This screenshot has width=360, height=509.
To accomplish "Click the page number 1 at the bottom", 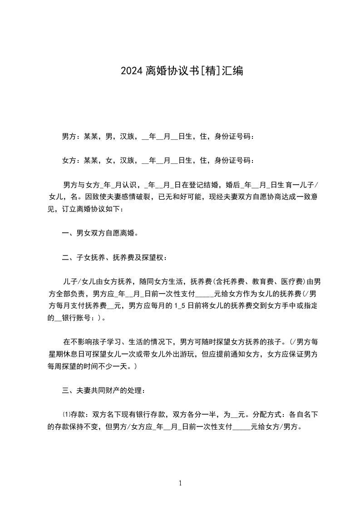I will click(x=180, y=483).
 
